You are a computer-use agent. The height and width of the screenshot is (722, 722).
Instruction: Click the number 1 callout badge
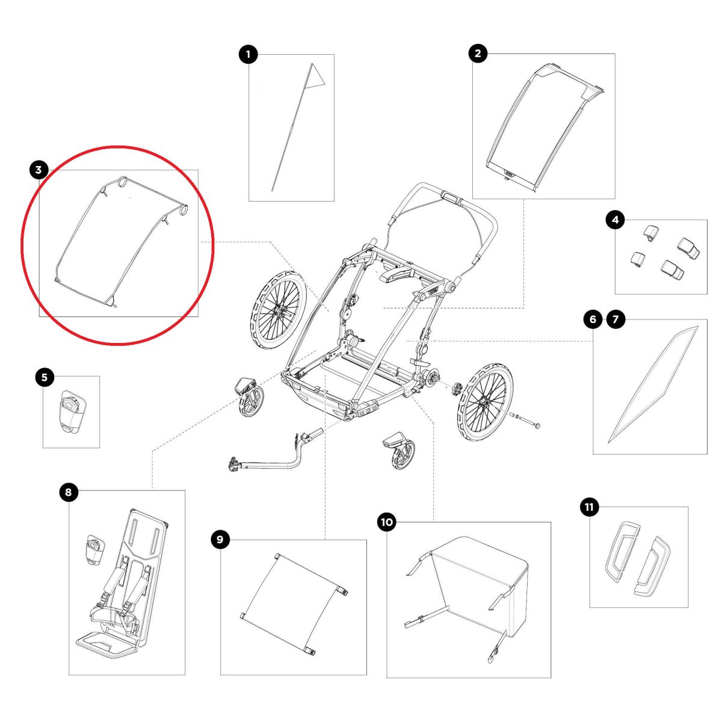pyautogui.click(x=248, y=54)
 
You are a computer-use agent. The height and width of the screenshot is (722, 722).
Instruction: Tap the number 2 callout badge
pyautogui.click(x=478, y=53)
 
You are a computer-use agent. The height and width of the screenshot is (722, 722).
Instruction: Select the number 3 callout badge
pyautogui.click(x=39, y=170)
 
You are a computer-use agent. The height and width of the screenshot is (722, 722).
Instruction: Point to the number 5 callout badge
pyautogui.click(x=45, y=377)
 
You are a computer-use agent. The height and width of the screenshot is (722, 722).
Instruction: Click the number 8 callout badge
pyautogui.click(x=68, y=492)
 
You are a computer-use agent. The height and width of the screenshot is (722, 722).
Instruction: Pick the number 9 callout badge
pyautogui.click(x=220, y=540)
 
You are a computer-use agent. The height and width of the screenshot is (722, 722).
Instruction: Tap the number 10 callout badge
pyautogui.click(x=387, y=522)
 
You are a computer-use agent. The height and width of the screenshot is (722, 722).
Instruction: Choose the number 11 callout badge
pyautogui.click(x=590, y=507)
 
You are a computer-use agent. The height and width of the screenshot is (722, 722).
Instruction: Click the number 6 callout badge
pyautogui.click(x=593, y=319)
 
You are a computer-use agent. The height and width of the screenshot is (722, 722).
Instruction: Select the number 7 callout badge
pyautogui.click(x=616, y=319)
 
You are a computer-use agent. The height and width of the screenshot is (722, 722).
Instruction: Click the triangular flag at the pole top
pyautogui.click(x=315, y=77)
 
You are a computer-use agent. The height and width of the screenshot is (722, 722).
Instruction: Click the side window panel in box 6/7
pyautogui.click(x=653, y=384)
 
